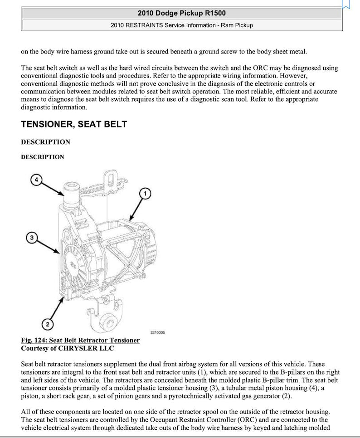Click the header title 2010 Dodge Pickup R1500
[x=181, y=13]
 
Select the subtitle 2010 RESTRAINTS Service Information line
[x=181, y=25]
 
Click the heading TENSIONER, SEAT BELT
[x=74, y=124]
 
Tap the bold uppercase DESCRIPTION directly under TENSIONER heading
[x=45, y=142]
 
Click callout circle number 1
[x=145, y=194]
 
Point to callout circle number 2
[x=47, y=324]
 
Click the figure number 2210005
[x=157, y=332]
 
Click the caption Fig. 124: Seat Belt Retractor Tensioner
[x=80, y=340]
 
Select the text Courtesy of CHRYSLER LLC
[x=68, y=348]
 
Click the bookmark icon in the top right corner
[x=345, y=4]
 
